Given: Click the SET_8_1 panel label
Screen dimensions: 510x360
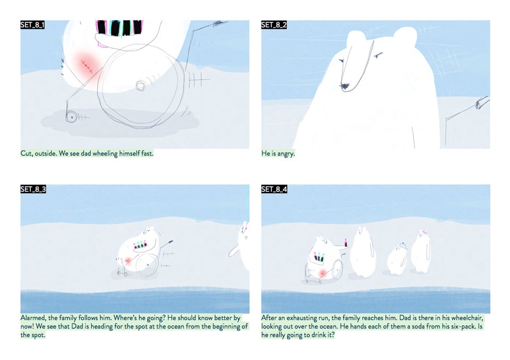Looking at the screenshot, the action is (32, 25).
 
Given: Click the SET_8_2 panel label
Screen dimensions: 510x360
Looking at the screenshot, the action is (274, 25).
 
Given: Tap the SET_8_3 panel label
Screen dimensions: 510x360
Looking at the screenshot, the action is (33, 189).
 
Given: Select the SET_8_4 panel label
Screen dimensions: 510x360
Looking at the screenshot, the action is (274, 189).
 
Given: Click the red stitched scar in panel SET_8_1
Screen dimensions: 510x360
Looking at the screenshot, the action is (87, 66).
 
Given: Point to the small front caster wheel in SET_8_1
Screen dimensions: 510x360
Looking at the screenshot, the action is (71, 116).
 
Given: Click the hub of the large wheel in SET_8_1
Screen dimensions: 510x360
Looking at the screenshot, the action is (141, 86).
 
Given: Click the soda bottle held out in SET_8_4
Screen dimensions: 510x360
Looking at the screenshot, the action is (346, 243).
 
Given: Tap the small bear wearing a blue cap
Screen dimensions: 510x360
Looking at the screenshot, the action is (397, 259).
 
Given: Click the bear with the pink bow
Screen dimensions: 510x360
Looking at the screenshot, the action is (421, 251).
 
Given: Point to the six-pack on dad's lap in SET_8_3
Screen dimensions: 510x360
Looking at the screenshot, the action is (140, 245).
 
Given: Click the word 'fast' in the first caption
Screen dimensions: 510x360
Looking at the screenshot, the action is (147, 153).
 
